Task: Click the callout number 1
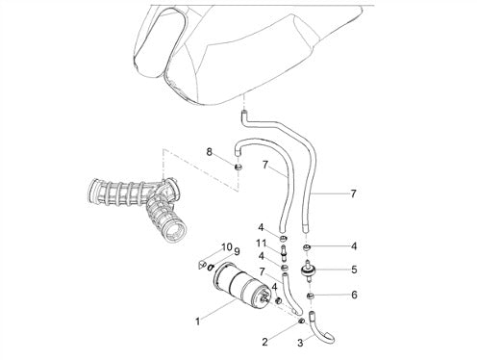[x=198, y=321]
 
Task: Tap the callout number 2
[x=264, y=342]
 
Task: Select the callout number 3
[x=300, y=343]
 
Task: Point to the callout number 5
[x=354, y=270]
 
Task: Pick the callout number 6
[x=354, y=295]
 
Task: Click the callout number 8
[x=209, y=152]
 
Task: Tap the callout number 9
[x=237, y=252]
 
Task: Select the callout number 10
[x=227, y=247]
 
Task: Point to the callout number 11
[x=261, y=244]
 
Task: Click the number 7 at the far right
[x=353, y=193]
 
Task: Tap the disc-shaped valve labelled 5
[x=309, y=271]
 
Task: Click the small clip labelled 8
[x=238, y=167]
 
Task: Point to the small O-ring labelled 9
[x=211, y=267]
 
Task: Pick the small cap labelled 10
[x=201, y=265]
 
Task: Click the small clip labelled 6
[x=310, y=296]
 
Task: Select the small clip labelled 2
[x=301, y=321]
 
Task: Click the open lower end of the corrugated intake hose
[x=175, y=231]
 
